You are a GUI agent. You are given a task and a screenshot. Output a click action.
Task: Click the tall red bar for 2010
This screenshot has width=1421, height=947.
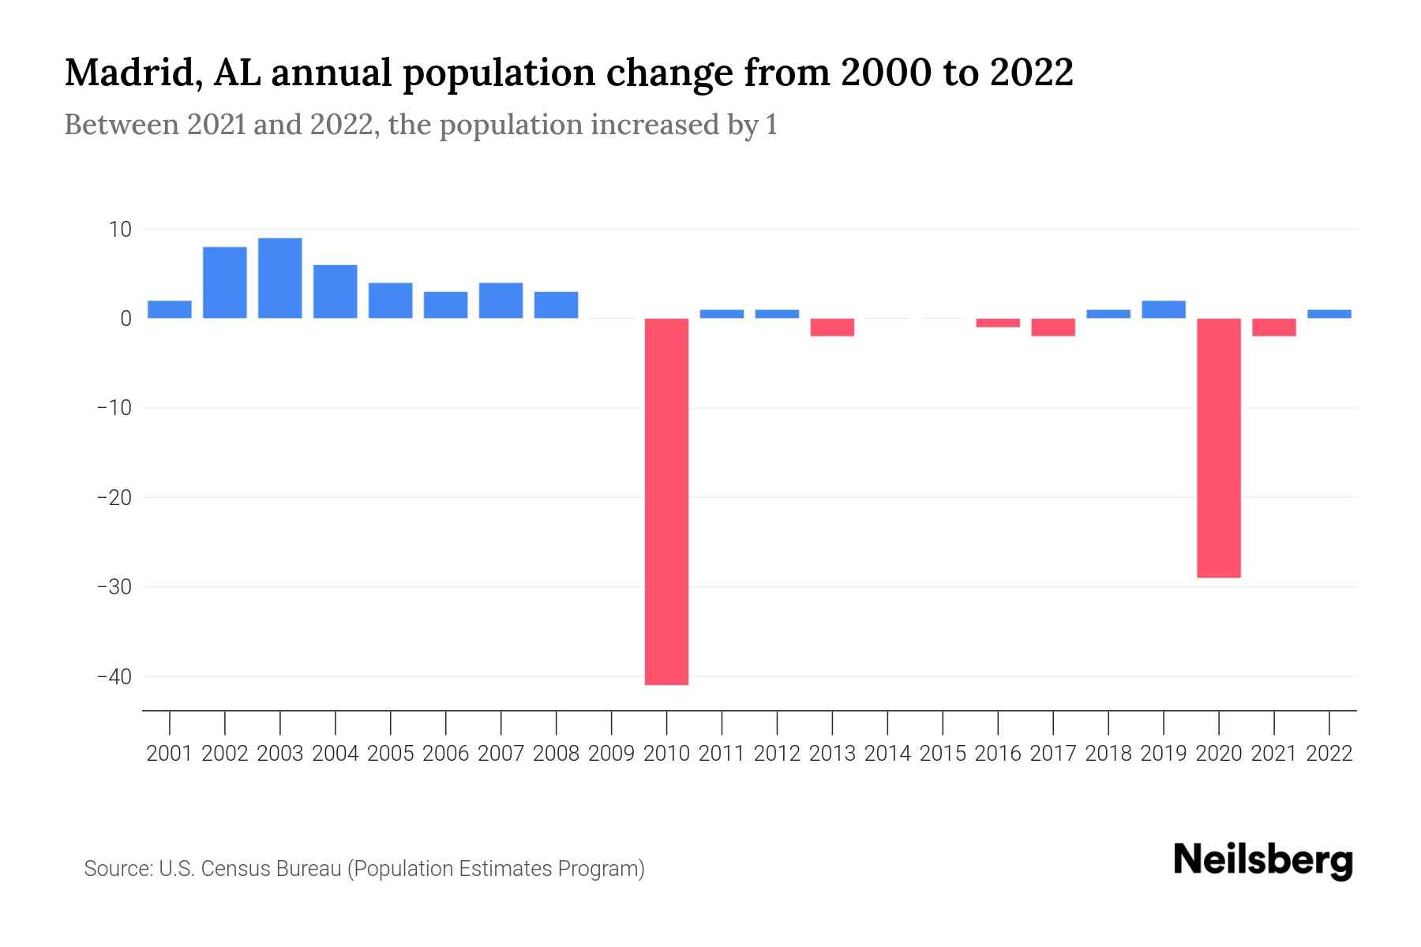pos(666,501)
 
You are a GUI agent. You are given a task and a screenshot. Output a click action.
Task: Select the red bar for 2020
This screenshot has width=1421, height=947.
pos(1219,447)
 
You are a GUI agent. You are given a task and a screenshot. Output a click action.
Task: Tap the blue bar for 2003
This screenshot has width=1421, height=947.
pos(280,278)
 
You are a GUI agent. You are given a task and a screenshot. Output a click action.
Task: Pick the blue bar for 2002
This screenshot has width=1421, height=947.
pos(225,283)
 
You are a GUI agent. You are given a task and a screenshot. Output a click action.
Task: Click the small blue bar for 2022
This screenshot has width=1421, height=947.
pos(1329,313)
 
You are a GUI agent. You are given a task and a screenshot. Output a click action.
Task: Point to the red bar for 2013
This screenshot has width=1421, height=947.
pos(832,327)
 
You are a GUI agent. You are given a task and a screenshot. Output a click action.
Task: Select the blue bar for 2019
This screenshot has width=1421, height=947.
pos(1164,309)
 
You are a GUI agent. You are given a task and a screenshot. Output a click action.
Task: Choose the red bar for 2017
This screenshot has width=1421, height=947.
pos(1053,327)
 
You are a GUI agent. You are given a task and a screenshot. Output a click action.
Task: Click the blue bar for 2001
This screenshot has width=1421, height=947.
pos(170,309)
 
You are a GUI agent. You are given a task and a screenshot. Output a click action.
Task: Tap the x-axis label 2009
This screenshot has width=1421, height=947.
pos(611,754)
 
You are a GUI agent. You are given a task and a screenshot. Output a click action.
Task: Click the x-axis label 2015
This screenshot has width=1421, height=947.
pos(943,754)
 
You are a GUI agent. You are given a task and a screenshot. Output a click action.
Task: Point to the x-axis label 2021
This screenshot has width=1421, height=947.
pos(1274,754)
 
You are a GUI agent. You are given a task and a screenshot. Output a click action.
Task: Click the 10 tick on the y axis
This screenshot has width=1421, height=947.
pos(120,230)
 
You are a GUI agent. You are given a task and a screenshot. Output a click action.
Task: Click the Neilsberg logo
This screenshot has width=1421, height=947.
pos(1263,861)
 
